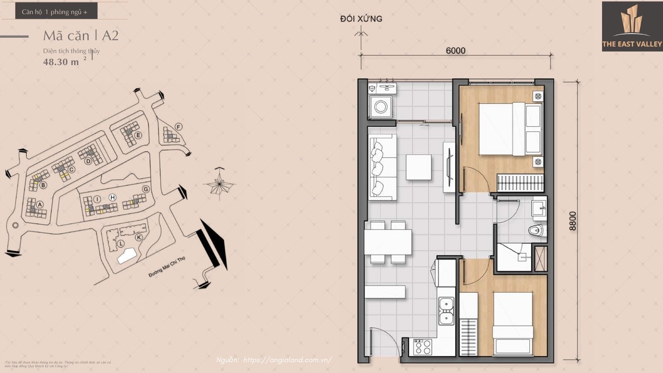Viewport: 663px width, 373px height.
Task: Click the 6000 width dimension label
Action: click(455, 51)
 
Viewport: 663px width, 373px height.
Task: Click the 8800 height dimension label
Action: click(573, 221)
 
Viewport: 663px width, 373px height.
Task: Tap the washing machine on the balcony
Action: click(381, 107)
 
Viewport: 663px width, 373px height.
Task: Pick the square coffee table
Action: click(419, 167)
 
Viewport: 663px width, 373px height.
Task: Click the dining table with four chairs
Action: click(388, 242)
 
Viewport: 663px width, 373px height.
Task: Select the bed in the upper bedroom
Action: click(511, 129)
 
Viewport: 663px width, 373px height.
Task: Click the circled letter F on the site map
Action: click(179, 126)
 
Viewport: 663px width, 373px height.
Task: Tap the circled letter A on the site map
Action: click(40, 204)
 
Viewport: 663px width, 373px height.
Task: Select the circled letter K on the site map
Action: click(139, 237)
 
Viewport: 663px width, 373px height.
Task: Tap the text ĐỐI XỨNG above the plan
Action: click(361, 19)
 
